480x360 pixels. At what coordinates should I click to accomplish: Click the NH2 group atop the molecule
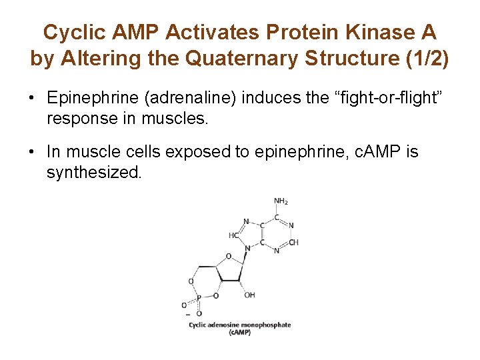(x=281, y=201)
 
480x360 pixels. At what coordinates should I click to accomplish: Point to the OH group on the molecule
(x=249, y=295)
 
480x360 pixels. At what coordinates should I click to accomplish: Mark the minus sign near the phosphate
(x=188, y=313)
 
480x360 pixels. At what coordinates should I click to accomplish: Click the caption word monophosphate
(x=268, y=325)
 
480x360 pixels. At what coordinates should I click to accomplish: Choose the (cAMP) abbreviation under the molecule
(x=239, y=332)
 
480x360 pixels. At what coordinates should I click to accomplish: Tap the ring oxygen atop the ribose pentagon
(x=228, y=256)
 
